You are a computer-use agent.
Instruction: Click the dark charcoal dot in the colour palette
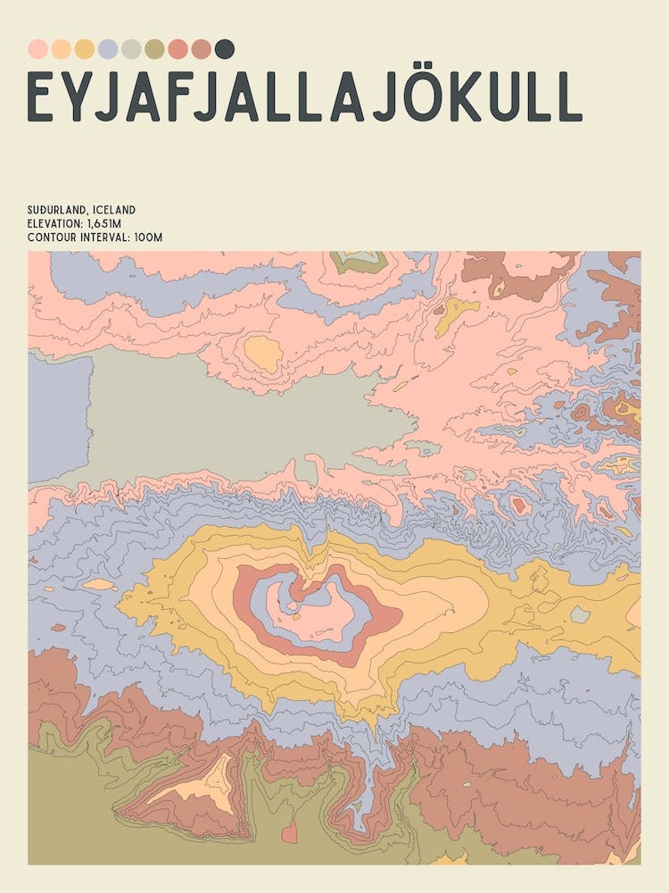(225, 48)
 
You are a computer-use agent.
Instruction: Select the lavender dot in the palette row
(108, 48)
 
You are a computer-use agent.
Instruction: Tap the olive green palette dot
(154, 48)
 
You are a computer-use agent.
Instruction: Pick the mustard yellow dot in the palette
(85, 48)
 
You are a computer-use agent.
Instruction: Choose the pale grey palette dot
(131, 48)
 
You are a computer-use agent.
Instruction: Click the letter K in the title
(466, 96)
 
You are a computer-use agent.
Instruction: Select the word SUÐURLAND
(55, 210)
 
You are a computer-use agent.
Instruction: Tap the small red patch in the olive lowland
(289, 833)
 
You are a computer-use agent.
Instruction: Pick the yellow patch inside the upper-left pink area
(263, 354)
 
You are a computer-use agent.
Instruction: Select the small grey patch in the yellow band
(580, 614)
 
